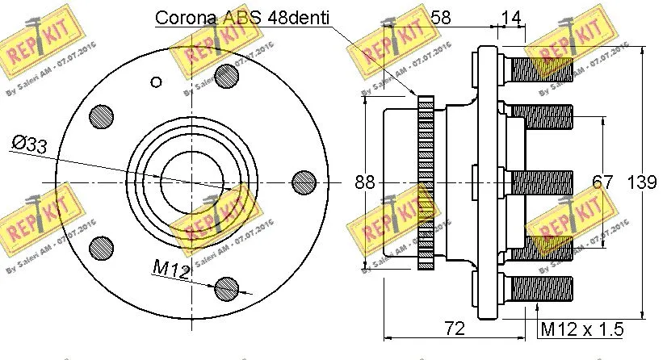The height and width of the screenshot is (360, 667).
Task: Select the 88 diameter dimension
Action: click(x=366, y=182)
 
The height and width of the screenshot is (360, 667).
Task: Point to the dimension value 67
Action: click(x=603, y=182)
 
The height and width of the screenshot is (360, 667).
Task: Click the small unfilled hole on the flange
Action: click(x=157, y=81)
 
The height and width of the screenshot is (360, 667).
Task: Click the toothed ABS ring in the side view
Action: click(x=426, y=182)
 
